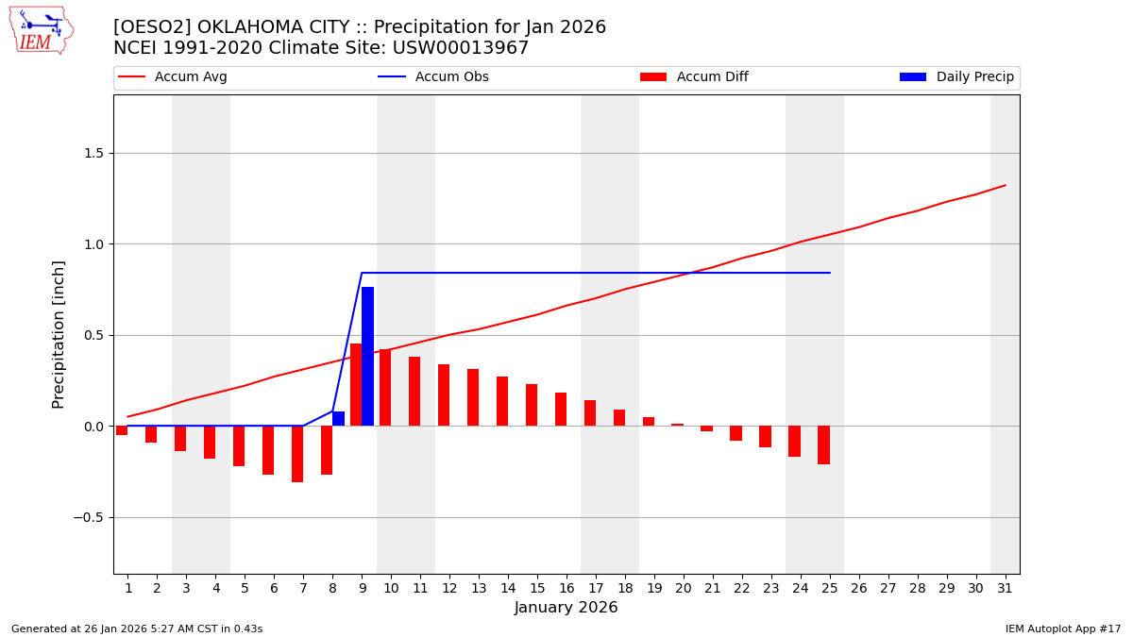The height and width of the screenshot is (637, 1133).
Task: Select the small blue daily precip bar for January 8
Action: pyautogui.click(x=338, y=418)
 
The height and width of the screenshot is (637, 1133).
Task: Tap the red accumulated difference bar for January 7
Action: pyautogui.click(x=297, y=454)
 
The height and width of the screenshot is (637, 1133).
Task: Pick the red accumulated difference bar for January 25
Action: pyautogui.click(x=823, y=444)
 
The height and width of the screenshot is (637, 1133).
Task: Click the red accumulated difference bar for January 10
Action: pyautogui.click(x=385, y=388)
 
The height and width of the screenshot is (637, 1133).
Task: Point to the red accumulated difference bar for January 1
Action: pyautogui.click(x=122, y=430)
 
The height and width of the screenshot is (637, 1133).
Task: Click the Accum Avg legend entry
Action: pyautogui.click(x=173, y=77)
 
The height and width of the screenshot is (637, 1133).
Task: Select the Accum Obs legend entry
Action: pyautogui.click(x=433, y=77)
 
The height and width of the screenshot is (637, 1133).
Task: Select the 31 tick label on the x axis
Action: pyautogui.click(x=1004, y=588)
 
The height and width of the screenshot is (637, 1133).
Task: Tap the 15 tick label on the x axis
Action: pyautogui.click(x=537, y=588)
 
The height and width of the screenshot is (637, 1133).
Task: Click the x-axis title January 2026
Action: pyautogui.click(x=566, y=608)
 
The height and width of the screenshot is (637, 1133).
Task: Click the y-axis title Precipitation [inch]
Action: pyautogui.click(x=59, y=334)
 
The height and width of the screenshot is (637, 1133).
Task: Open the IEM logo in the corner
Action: pyautogui.click(x=42, y=30)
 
